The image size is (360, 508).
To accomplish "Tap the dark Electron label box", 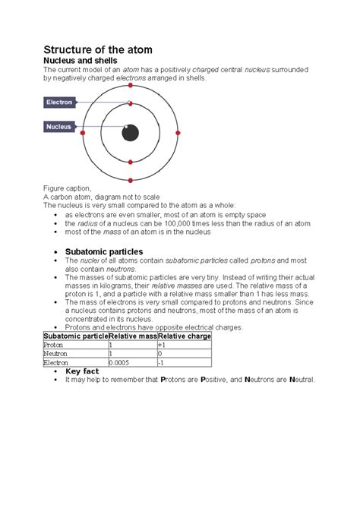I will point(60,102).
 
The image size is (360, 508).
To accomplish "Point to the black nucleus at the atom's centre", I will point(131,133).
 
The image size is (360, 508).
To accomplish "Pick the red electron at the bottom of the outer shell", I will point(131,180).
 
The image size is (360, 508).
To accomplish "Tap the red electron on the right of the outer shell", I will point(178,133).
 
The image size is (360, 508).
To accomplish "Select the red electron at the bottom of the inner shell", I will point(131,162).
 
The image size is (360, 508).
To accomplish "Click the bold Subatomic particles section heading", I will point(104,251).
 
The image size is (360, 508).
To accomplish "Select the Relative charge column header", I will point(184,336).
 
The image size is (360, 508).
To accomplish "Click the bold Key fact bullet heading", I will point(83,371).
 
